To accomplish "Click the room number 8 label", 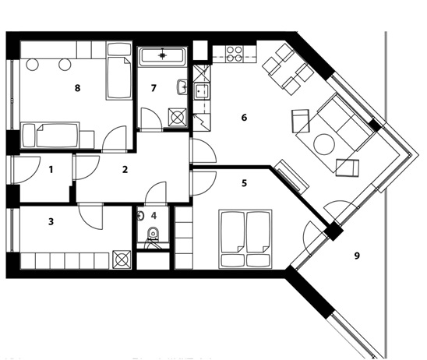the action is (x=78, y=88).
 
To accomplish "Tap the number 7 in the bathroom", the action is (x=154, y=88).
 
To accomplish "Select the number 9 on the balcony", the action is (x=357, y=256).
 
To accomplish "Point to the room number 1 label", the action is (x=51, y=170).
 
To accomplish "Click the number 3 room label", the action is (x=51, y=221).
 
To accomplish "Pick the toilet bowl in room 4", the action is (x=154, y=234).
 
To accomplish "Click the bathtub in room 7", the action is (x=162, y=56).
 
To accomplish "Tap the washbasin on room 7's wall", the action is (x=182, y=87).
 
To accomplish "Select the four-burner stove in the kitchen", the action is (x=235, y=54).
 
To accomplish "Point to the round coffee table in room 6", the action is (x=324, y=144).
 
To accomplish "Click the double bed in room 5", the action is (x=245, y=238).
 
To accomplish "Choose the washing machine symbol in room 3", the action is (x=122, y=259).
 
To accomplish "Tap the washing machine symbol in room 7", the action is (x=178, y=117).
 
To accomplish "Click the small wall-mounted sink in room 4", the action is (x=141, y=216).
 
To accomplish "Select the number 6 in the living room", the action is (x=244, y=118).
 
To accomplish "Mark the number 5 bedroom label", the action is (x=244, y=183).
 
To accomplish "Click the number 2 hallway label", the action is (x=125, y=170).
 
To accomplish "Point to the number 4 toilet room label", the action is (x=154, y=216).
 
